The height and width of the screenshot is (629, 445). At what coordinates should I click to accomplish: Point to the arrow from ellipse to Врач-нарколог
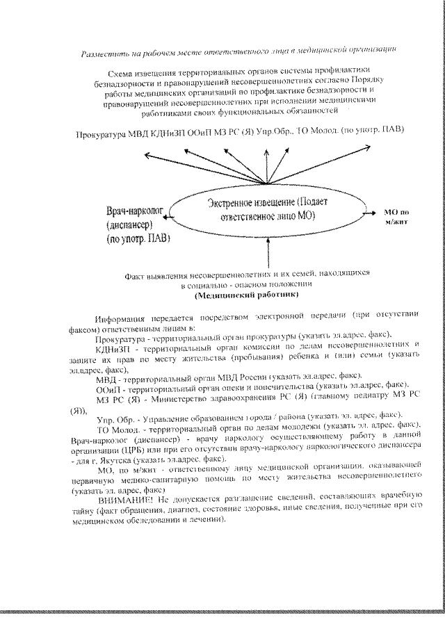pyautogui.click(x=170, y=217)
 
